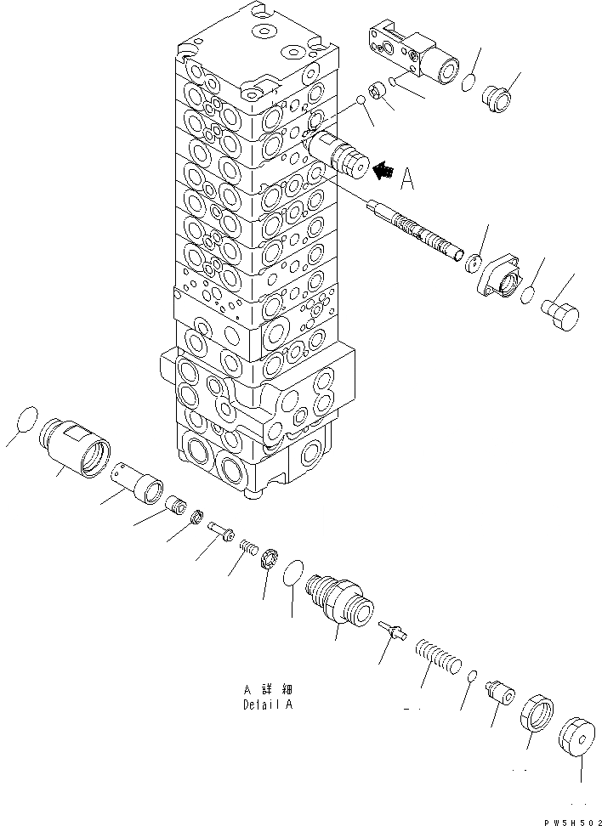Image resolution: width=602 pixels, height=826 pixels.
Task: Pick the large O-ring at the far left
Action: coord(26,422)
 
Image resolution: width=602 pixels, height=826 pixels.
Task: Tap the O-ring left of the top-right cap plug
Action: coord(467,82)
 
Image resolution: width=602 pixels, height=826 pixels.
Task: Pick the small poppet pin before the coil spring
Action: coord(391,630)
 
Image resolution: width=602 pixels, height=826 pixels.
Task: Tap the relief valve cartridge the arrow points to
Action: coord(341,156)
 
